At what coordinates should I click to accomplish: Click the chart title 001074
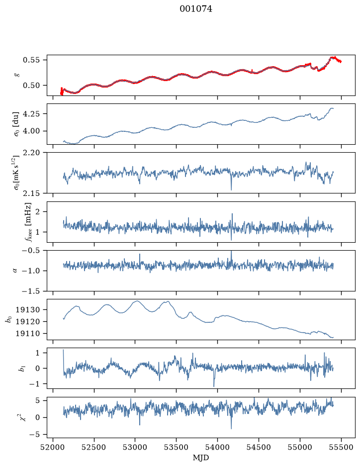[x=196, y=9]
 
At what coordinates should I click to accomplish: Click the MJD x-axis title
[x=201, y=458]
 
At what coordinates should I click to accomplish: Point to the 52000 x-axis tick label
[x=53, y=447]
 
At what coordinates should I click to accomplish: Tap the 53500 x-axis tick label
[x=177, y=447]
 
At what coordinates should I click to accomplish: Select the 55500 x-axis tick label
[x=341, y=447]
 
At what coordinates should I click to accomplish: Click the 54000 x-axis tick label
[x=217, y=447]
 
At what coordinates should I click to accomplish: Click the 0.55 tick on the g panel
[x=31, y=60]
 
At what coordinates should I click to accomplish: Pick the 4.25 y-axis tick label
[x=31, y=114]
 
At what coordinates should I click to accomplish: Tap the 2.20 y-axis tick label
[x=31, y=153]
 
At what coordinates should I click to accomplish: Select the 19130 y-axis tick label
[x=27, y=310]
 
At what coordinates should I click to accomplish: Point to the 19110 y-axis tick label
[x=27, y=334]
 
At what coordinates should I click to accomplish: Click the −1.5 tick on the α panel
[x=30, y=291]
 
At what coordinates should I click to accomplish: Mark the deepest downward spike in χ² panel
[x=231, y=429]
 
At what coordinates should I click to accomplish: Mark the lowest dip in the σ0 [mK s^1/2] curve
[x=231, y=189]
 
